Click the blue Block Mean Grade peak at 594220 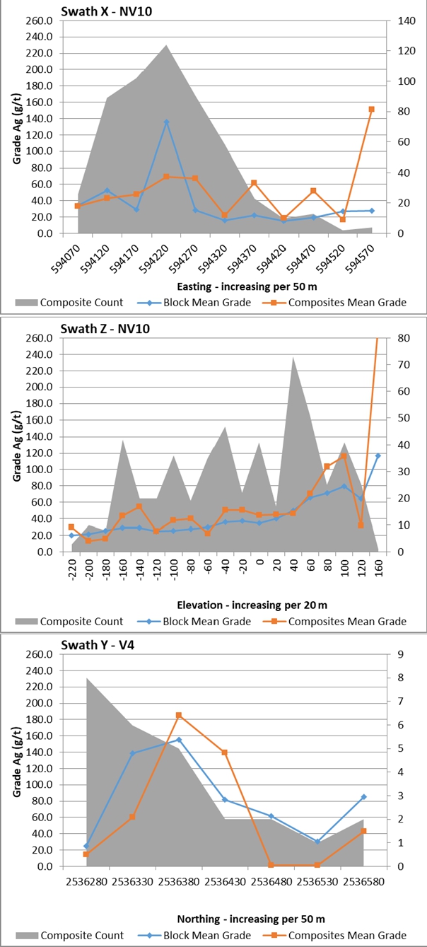point(166,122)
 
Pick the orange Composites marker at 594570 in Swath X point(371,110)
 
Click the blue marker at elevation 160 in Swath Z point(378,455)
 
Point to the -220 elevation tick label point(72,567)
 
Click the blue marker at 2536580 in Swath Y point(363,797)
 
